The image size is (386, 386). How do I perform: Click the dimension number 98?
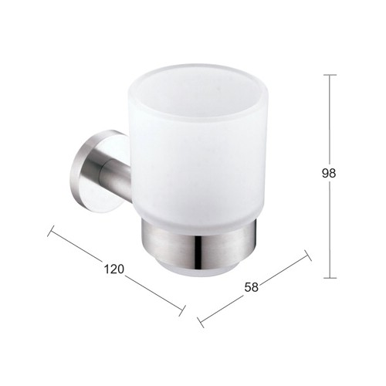pos(329,173)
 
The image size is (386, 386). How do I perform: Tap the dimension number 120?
pos(113,269)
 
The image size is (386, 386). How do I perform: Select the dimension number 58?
pos(251,287)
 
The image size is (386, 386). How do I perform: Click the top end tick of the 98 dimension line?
pos(330,75)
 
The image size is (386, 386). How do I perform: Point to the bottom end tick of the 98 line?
pos(330,278)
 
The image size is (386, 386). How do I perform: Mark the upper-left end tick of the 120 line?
pos(51,231)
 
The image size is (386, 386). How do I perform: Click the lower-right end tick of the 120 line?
pos(182,310)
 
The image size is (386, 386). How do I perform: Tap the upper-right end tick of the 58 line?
pos(308,255)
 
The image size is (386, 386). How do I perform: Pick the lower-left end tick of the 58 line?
pos(201,322)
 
